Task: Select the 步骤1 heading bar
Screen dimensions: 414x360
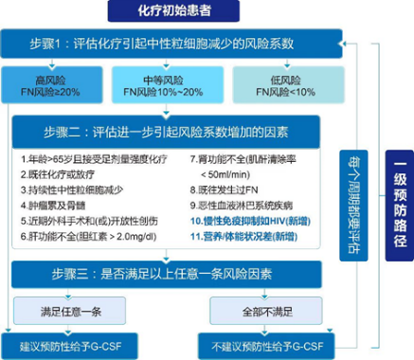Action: pos(171,44)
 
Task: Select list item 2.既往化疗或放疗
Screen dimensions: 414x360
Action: pos(63,174)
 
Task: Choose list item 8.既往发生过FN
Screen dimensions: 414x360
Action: pos(233,189)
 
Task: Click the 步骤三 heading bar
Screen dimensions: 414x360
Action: pos(171,274)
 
